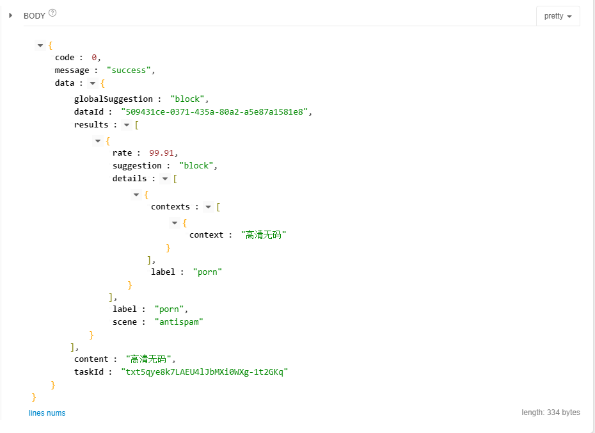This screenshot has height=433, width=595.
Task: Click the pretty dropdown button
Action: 558,16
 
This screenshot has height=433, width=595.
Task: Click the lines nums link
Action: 47,413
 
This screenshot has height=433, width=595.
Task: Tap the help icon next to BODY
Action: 52,13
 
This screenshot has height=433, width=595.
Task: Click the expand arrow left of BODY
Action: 11,15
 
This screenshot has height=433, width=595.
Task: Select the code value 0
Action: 94,58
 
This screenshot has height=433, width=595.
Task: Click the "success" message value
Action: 131,70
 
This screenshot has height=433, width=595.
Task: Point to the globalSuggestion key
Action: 113,99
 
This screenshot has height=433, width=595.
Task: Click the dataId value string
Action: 216,112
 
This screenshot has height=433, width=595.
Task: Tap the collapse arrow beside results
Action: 127,125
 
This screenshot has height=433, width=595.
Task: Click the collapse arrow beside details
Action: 165,179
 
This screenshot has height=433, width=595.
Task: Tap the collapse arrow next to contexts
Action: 209,207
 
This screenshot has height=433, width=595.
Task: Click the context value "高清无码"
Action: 264,235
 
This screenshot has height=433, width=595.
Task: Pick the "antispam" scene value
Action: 178,322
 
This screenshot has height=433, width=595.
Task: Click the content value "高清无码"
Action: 150,359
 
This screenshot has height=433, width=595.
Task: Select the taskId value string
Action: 204,372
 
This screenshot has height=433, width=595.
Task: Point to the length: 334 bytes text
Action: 550,413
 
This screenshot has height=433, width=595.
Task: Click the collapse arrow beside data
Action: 93,83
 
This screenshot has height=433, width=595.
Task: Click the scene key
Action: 125,322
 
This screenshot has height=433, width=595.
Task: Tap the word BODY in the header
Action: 35,16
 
